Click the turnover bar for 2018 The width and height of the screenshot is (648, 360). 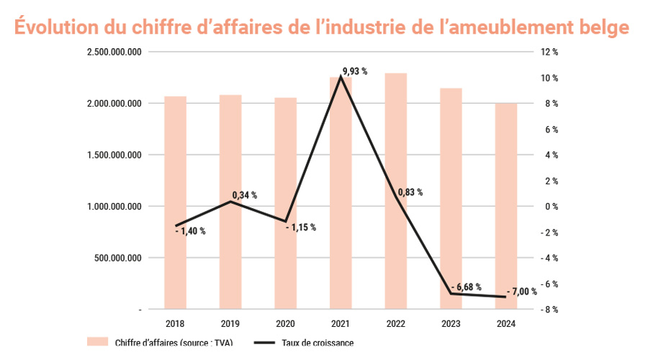click(175, 202)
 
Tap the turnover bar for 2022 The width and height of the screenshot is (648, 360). click(395, 191)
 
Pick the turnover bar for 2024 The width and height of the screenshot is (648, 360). click(505, 206)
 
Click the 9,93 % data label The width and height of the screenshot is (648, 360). click(355, 71)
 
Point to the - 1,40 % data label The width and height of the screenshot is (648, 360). click(190, 231)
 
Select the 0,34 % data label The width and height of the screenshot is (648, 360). click(245, 195)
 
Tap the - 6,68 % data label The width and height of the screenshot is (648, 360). click(465, 287)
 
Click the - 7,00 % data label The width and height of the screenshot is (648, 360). click(522, 292)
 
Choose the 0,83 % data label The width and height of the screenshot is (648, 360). click(410, 192)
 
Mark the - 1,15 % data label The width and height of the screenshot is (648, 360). click(301, 228)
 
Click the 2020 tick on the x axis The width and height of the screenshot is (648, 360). click(285, 324)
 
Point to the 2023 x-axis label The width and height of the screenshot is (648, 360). click(451, 324)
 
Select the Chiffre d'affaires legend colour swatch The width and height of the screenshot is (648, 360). click(96, 342)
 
